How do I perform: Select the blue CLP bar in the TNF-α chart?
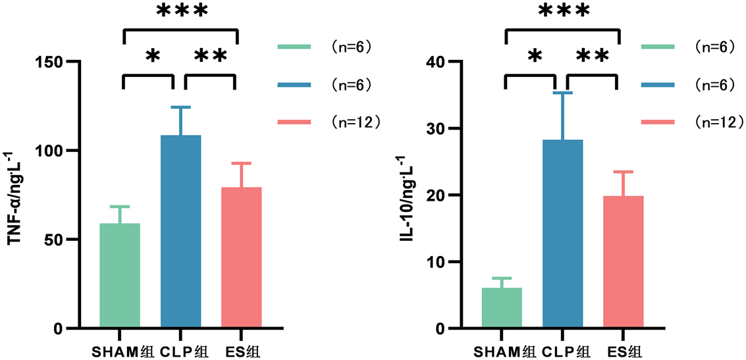(180, 231)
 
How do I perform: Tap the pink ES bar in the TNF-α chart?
(241, 257)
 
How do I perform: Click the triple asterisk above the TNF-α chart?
(181, 11)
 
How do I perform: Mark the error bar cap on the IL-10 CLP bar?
(562, 93)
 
